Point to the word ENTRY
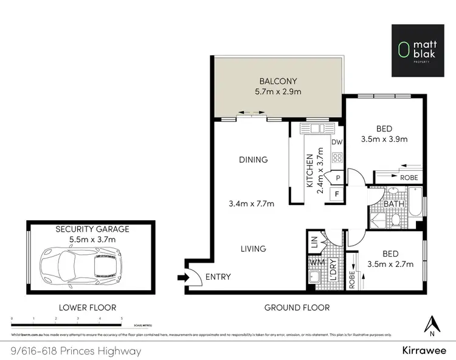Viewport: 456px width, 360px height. (218, 277)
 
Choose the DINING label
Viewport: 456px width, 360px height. (253, 160)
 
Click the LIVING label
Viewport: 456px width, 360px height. (253, 249)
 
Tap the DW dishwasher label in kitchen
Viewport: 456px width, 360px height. (337, 142)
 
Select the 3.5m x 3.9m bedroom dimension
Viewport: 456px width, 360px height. (384, 139)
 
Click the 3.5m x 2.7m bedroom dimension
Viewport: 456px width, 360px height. (390, 264)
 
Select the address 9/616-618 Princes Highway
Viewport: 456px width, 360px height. (76, 351)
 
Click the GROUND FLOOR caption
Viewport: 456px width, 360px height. (297, 308)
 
